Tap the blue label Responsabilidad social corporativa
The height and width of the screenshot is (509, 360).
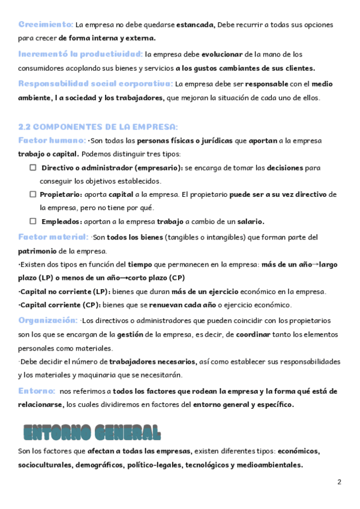pos(95,83)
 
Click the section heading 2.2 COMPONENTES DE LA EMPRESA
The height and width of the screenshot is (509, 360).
pos(98,127)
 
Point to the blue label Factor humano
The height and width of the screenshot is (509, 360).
pos(52,140)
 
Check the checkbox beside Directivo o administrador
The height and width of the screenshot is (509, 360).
pos(33,168)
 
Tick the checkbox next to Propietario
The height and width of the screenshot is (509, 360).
pos(33,194)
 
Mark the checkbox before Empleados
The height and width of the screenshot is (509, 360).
pos(33,221)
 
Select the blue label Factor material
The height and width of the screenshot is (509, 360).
pos(54,237)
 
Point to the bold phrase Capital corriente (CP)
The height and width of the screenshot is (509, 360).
pos(59,305)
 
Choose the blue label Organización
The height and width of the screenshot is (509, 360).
pos(47,320)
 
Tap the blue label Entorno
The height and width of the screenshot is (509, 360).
pos(37,391)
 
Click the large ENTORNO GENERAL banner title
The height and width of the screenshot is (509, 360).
pos(92,432)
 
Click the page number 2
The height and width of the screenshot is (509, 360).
pos(339,482)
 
